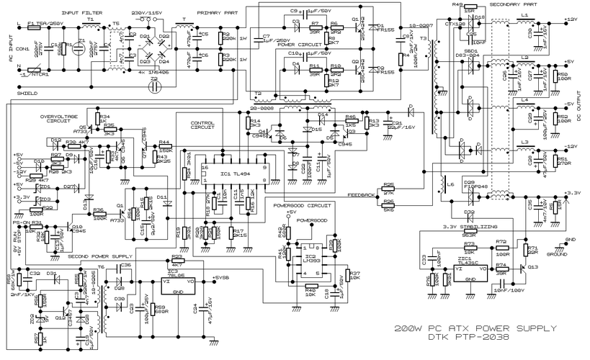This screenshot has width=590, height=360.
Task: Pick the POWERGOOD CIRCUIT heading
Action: coord(305,205)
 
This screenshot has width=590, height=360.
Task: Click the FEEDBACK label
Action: coord(361,195)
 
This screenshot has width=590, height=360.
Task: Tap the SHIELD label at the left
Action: coord(28,94)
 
